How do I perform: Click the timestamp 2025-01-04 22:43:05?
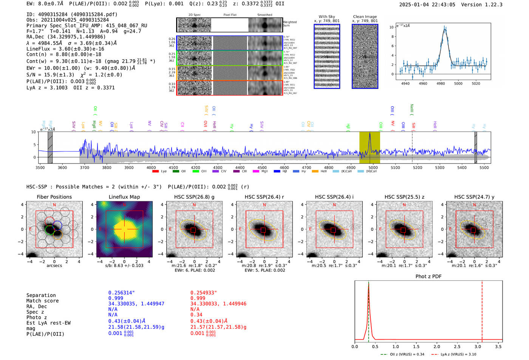pos(427,5)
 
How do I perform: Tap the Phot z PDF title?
pos(428,277)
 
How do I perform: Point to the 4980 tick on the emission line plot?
pos(441,83)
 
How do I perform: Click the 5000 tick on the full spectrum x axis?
pos(373,167)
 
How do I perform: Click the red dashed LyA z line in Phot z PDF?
pos(482,310)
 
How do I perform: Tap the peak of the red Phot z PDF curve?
pos(368,284)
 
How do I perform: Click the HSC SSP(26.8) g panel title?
pos(194,197)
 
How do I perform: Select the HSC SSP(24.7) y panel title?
pos(474,197)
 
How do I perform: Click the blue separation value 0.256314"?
pos(121,293)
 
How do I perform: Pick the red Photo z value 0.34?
pos(196,315)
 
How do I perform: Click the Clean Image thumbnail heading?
pos(365,17)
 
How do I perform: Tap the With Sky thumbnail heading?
pos(326,17)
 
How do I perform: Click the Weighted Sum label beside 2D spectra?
pos(290,24)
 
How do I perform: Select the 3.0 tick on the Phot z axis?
pos(478,346)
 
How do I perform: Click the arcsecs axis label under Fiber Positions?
pos(54,266)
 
